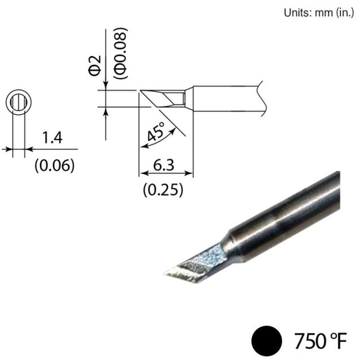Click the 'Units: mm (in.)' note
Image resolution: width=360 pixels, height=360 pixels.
pyautogui.click(x=320, y=13)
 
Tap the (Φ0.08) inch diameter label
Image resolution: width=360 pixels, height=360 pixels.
pyautogui.click(x=120, y=54)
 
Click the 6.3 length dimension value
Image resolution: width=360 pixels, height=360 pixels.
pyautogui.click(x=165, y=165)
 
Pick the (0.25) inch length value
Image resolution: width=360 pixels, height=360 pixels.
pyautogui.click(x=162, y=190)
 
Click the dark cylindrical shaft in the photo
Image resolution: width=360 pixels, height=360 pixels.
pyautogui.click(x=288, y=216)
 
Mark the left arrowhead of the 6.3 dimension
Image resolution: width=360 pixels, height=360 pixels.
pyautogui.click(x=142, y=173)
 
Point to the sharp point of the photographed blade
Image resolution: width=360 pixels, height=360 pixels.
pyautogui.click(x=164, y=273)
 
